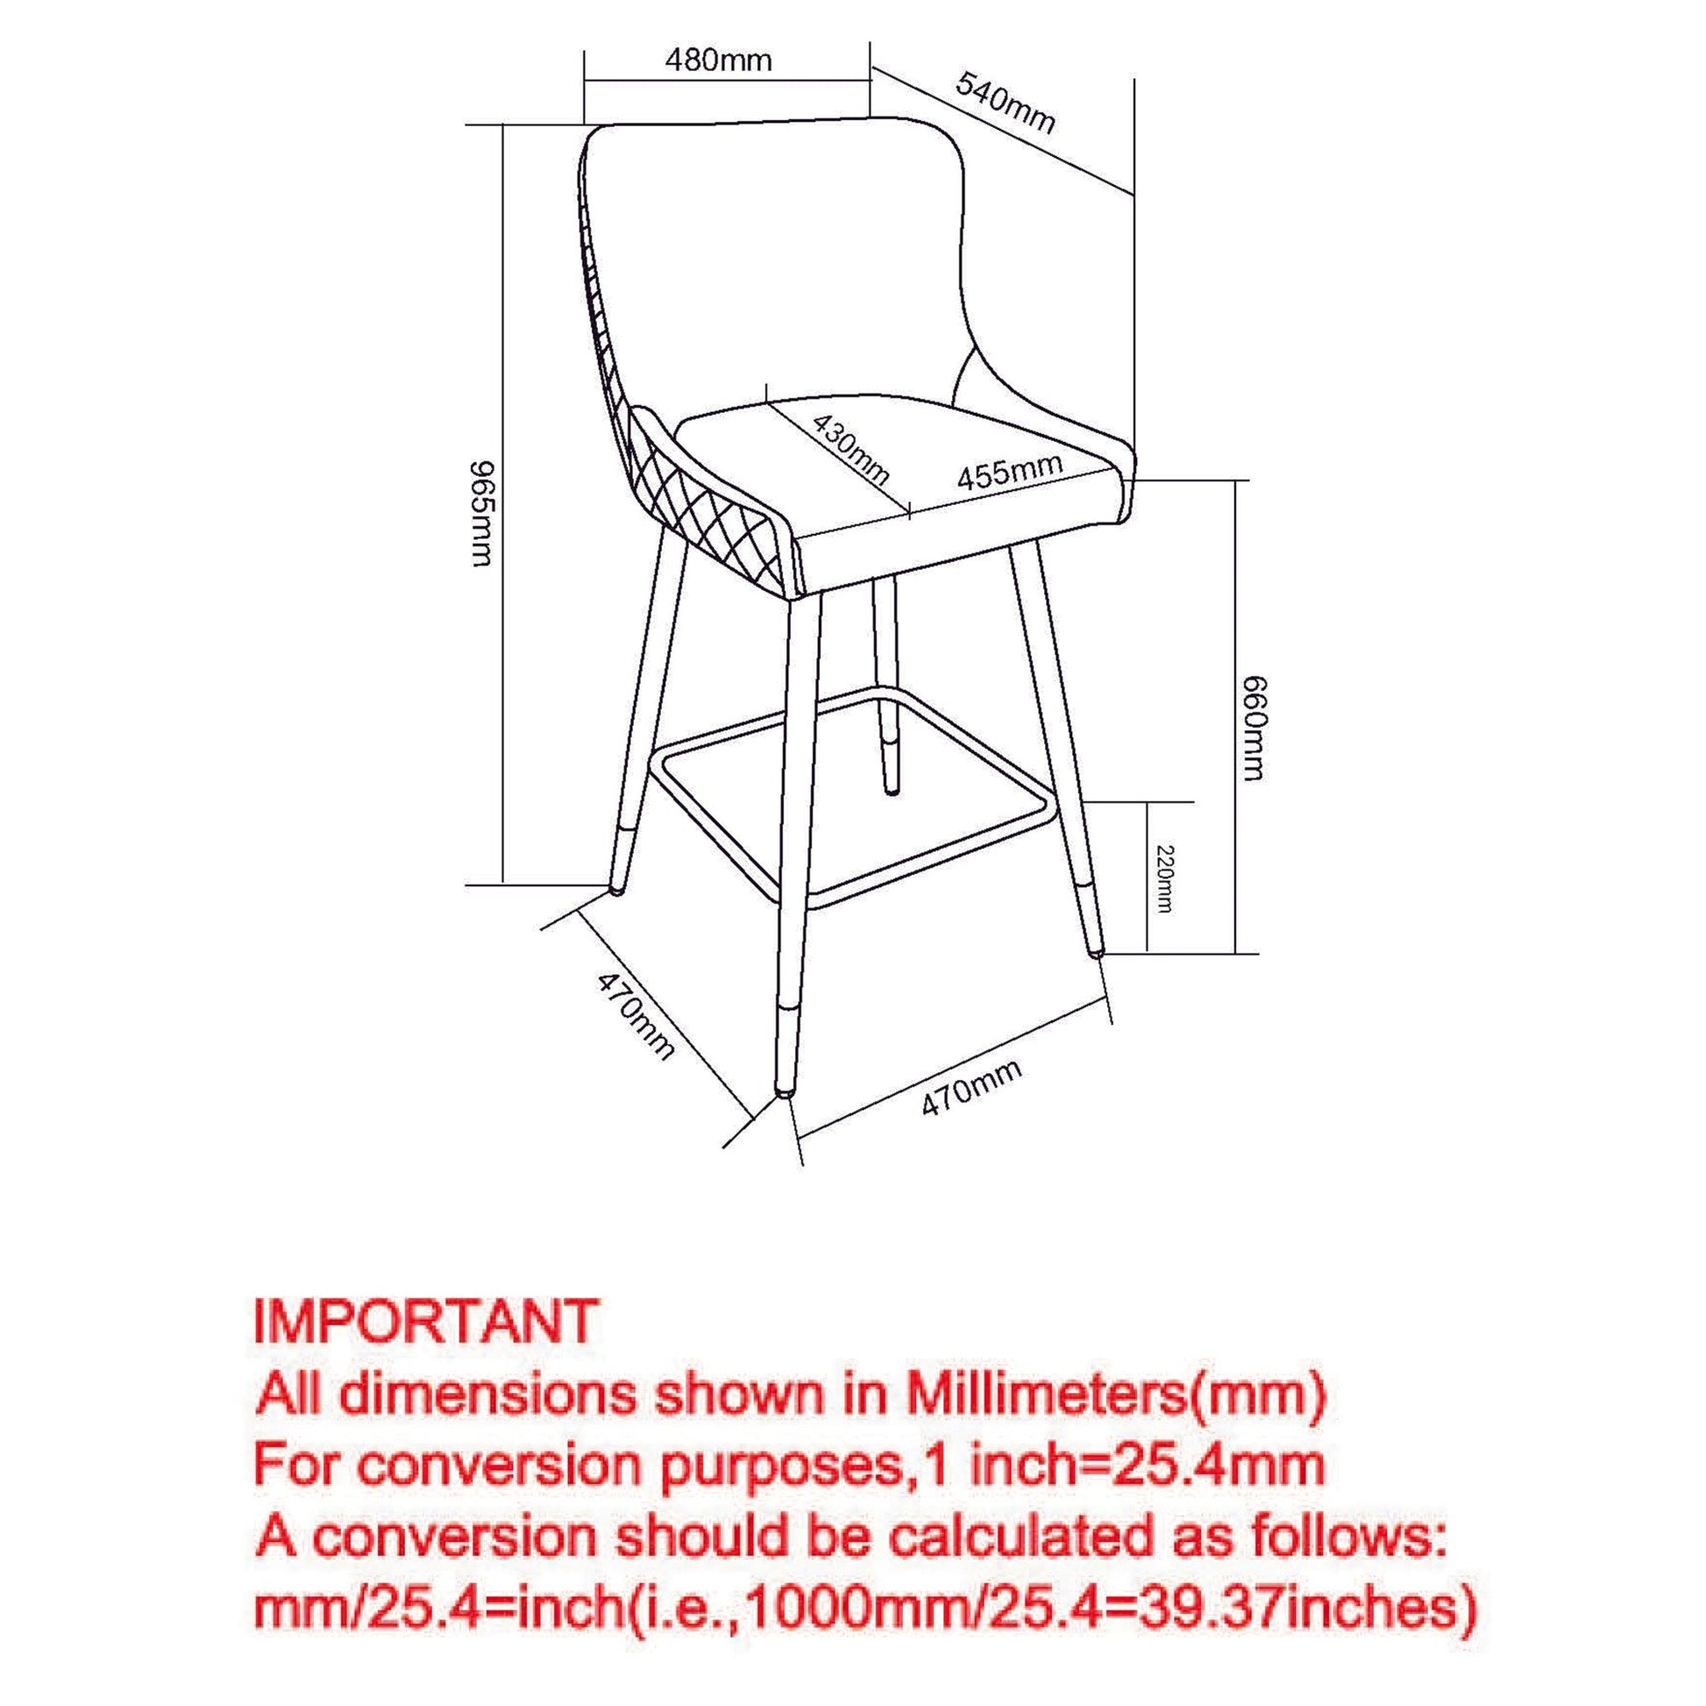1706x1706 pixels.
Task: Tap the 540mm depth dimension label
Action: pos(1006,103)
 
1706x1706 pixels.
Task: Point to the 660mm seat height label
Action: pos(1253,729)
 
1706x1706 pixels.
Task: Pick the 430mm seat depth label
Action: pos(849,449)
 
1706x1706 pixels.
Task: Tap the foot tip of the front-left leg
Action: pos(782,1094)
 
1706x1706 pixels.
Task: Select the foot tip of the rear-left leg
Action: pos(615,890)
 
